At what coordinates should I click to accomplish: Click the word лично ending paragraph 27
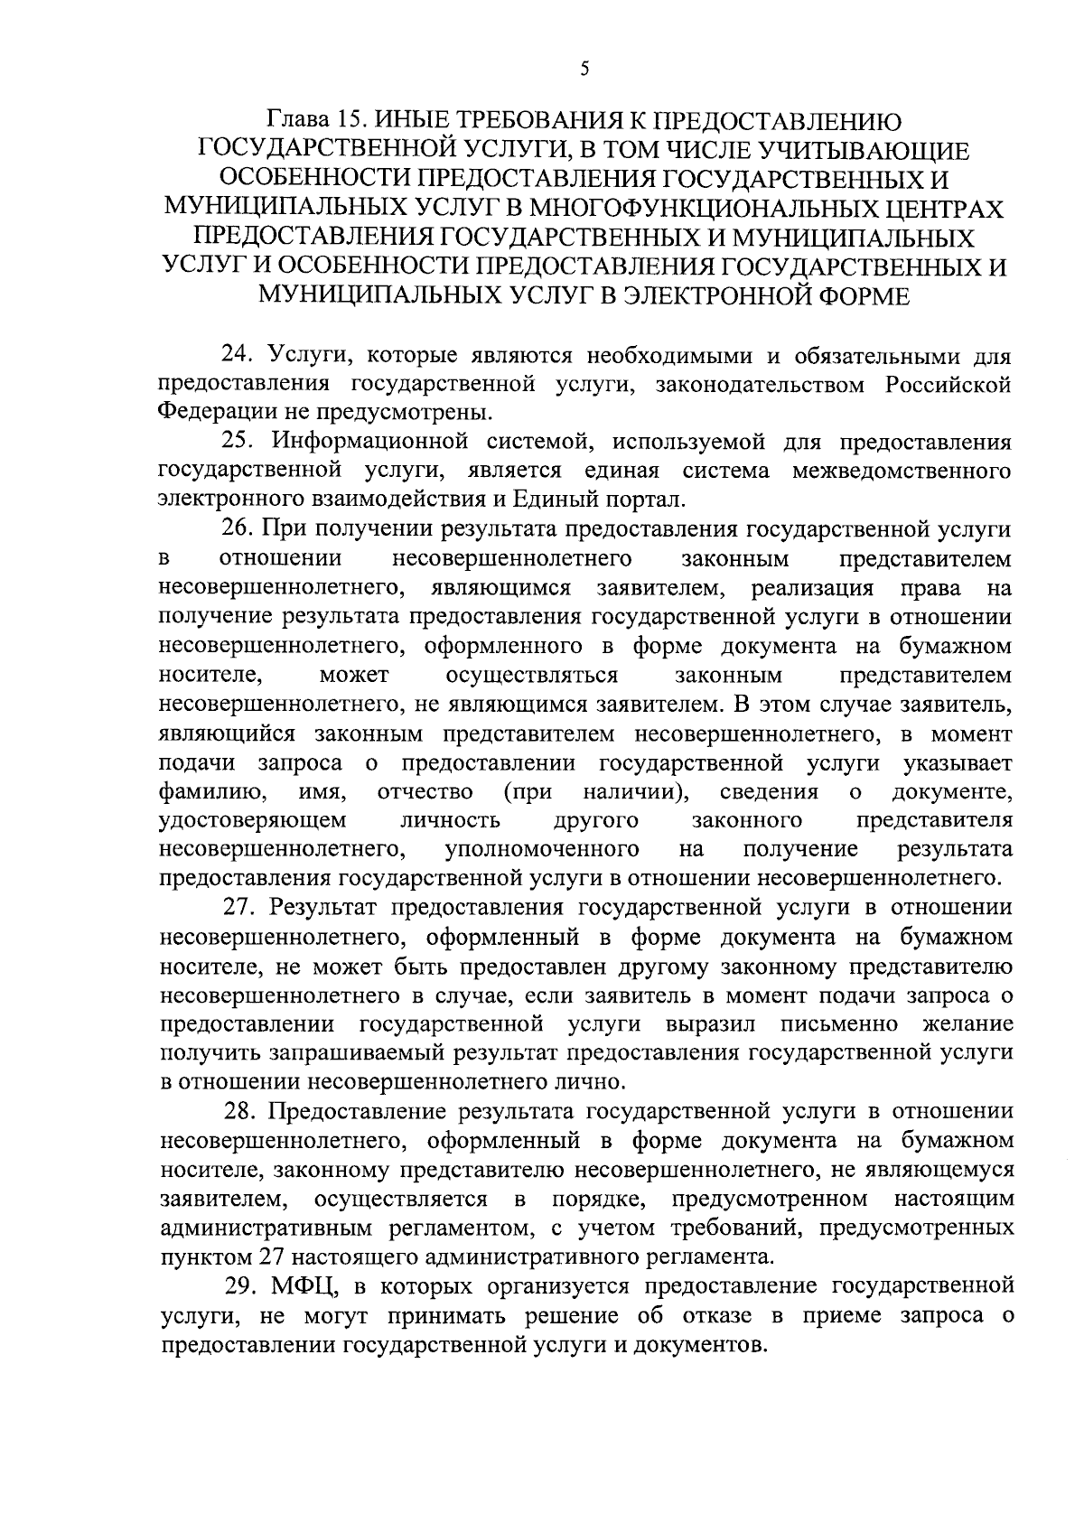tap(608, 1082)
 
